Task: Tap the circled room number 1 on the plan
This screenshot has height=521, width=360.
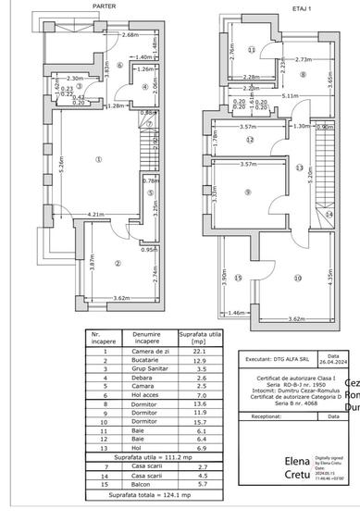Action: [x=98, y=158]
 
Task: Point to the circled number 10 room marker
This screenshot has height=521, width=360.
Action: [x=298, y=278]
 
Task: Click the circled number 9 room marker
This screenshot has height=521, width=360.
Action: [x=248, y=192]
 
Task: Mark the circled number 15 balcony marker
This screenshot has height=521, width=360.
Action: [x=238, y=278]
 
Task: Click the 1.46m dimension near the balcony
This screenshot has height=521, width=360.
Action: [x=237, y=314]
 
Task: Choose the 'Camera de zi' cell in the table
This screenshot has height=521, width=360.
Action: [x=147, y=351]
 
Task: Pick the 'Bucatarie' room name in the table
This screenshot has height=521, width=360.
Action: [x=147, y=359]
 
